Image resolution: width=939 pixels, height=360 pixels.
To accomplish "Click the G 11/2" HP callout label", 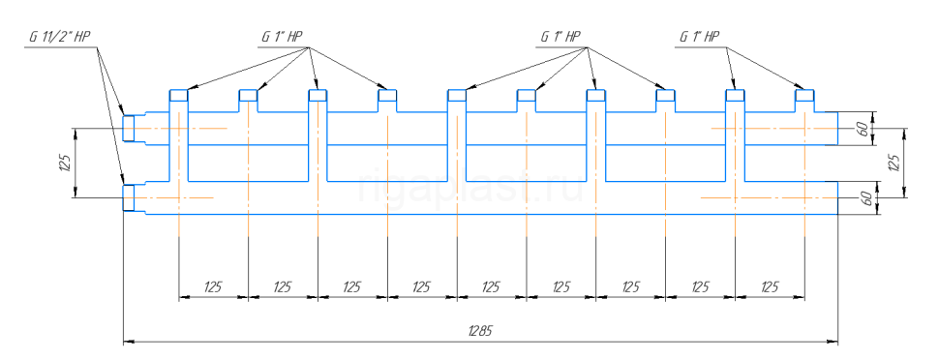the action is click(59, 37).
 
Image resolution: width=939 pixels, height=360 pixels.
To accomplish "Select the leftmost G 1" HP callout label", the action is click(282, 37).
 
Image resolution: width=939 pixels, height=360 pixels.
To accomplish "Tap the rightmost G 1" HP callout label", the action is click(699, 37).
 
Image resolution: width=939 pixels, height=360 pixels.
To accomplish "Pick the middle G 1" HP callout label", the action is click(561, 37).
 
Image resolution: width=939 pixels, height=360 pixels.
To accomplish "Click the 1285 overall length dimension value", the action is click(481, 331).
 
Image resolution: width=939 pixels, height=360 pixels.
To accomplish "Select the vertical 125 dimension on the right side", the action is click(895, 163).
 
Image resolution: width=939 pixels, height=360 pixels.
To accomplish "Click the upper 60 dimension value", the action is click(863, 129).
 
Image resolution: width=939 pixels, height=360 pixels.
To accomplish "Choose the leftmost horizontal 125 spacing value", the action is click(213, 286).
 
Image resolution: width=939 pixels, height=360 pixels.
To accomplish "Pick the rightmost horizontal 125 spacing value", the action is click(769, 286).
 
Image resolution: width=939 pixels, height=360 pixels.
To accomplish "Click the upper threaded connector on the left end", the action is click(129, 128).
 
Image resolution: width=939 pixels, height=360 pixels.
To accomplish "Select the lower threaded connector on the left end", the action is click(129, 197).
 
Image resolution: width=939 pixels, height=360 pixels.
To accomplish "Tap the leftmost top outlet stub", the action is click(179, 95).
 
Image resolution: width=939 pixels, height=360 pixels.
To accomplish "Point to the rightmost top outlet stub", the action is click(804, 95).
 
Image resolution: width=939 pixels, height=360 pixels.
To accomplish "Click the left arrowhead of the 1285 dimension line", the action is click(128, 342).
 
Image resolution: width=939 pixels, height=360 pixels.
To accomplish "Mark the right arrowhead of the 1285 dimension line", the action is click(833, 342).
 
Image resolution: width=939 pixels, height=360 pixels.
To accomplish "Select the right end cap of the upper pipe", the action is click(837, 128).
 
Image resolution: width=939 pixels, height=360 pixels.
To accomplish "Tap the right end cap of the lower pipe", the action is click(837, 197).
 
